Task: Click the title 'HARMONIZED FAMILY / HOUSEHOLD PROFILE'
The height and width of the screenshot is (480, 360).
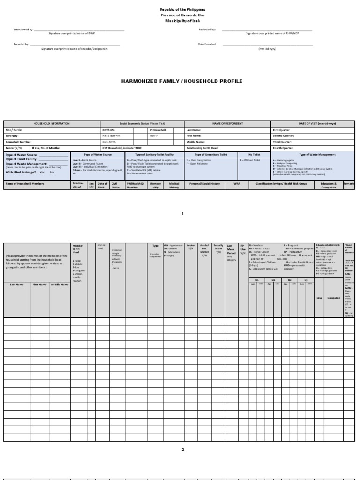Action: pyautogui.click(x=182, y=81)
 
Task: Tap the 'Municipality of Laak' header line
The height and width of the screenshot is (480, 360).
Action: pyautogui.click(x=182, y=21)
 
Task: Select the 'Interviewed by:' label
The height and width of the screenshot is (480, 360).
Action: pyautogui.click(x=23, y=30)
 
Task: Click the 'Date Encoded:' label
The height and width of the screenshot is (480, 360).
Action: pyautogui.click(x=207, y=45)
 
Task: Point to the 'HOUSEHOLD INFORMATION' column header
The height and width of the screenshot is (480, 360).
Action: pyautogui.click(x=52, y=124)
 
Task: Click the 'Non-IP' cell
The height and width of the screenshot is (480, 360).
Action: pyautogui.click(x=154, y=135)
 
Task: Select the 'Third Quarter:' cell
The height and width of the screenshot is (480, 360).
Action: pyautogui.click(x=283, y=141)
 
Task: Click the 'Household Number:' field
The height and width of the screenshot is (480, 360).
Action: pyautogui.click(x=19, y=141)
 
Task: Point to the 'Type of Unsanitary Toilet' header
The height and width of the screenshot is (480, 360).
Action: pyautogui.click(x=210, y=154)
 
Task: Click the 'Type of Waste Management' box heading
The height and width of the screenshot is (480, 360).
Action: pyautogui.click(x=313, y=154)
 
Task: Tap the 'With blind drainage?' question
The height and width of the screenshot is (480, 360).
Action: pyautogui.click(x=21, y=172)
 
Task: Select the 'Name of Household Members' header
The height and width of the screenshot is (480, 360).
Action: pyautogui.click(x=24, y=184)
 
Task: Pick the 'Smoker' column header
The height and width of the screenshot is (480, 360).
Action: pyautogui.click(x=190, y=245)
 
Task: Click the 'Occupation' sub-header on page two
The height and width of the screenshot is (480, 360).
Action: pyautogui.click(x=334, y=298)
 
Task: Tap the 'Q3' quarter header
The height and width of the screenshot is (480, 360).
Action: pyautogui.click(x=290, y=280)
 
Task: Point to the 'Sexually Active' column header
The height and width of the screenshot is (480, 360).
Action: pyautogui.click(x=218, y=247)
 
